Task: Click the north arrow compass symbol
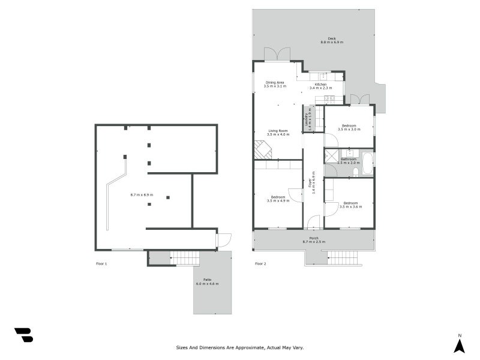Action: pos(460,345)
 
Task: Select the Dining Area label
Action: pos(275,84)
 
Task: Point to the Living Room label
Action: pos(278,133)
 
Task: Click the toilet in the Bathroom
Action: pos(356,172)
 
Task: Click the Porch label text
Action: pos(314,239)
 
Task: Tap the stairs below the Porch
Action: pos(343,258)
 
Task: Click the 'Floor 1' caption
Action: pos(101,264)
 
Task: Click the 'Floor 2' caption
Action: pos(260,264)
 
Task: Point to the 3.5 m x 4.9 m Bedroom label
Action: pos(278,199)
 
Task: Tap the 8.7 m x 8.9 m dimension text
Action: pos(142,195)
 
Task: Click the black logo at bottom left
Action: pos(23,335)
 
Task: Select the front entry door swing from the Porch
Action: pos(313,223)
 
